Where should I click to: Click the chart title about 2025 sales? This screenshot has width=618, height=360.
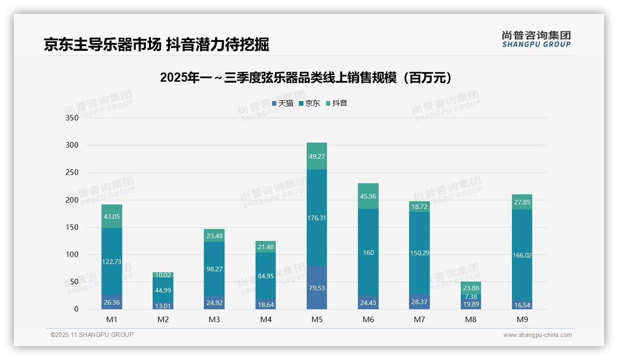coord(306,78)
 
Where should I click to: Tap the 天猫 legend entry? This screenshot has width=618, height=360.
coord(283,103)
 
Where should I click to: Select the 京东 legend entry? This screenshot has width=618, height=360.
coord(309,103)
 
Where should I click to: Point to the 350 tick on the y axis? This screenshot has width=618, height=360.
coord(72,118)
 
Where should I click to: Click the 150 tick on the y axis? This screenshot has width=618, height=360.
coord(72,227)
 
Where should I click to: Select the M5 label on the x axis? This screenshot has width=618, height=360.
coord(317,319)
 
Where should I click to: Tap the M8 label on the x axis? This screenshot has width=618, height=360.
coord(470,319)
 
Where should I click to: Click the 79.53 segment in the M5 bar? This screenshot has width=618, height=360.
coord(317,288)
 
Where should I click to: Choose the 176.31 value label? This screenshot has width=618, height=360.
coord(317,218)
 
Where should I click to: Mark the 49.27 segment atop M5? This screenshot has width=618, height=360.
coord(317,156)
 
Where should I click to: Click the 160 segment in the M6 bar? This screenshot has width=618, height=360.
coord(368,252)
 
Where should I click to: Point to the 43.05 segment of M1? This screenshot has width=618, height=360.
coord(112,216)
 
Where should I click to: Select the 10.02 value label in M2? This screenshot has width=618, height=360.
coord(163,275)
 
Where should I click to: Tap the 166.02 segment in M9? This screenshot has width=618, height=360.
coord(522,255)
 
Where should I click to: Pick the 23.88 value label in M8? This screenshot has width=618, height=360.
coord(470,288)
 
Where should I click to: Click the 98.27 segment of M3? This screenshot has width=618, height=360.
coord(214,269)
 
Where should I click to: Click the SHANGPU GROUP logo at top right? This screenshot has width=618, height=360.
coord(536,39)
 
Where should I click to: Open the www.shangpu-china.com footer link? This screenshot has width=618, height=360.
coord(537,335)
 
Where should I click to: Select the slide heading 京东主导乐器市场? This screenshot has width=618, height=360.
coord(102,45)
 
